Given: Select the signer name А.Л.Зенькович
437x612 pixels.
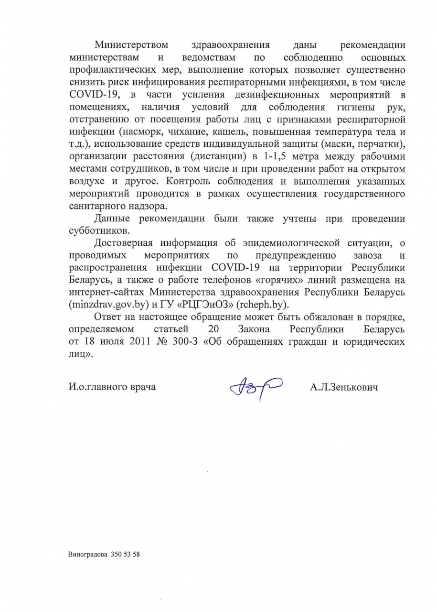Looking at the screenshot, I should point(343,387).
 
